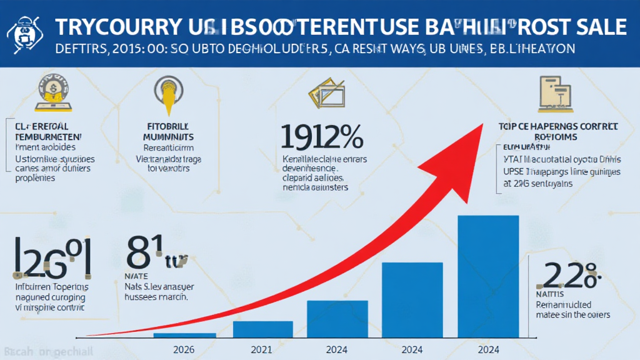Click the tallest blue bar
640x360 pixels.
pyautogui.click(x=488, y=276)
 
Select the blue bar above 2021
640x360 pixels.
pyautogui.click(x=262, y=329)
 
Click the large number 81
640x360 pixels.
pyautogui.click(x=145, y=252)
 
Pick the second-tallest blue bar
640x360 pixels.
pyautogui.click(x=412, y=299)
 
